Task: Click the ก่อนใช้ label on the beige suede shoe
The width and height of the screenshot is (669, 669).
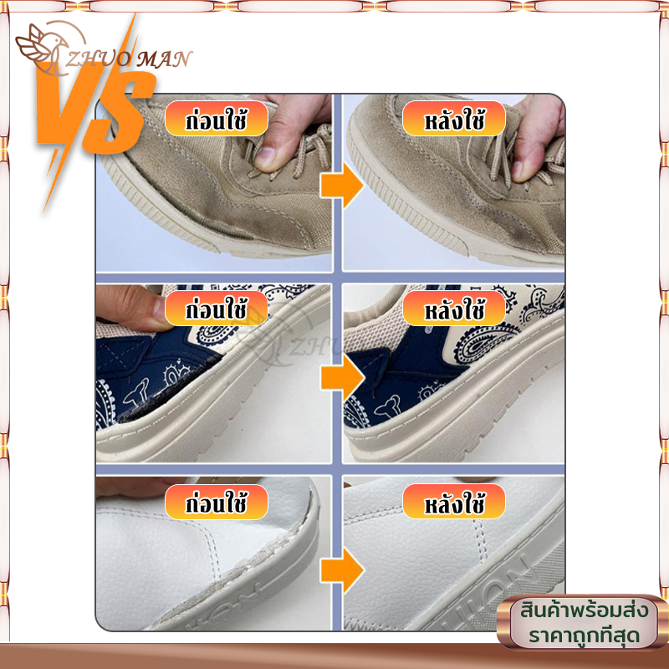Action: (x=217, y=119)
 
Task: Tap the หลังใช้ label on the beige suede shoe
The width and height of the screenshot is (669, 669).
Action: (x=454, y=119)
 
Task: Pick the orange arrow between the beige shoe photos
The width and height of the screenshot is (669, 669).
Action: (x=342, y=186)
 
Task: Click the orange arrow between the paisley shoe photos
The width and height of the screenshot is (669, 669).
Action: (x=342, y=378)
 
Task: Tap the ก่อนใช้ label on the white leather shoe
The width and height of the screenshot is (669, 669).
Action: (x=217, y=502)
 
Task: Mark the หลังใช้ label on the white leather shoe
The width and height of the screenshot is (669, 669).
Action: (x=454, y=502)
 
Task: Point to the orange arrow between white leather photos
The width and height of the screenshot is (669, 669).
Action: (x=342, y=570)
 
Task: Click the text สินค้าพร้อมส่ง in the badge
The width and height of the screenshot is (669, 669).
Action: (x=584, y=610)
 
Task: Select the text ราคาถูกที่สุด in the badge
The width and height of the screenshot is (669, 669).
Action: (x=584, y=636)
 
